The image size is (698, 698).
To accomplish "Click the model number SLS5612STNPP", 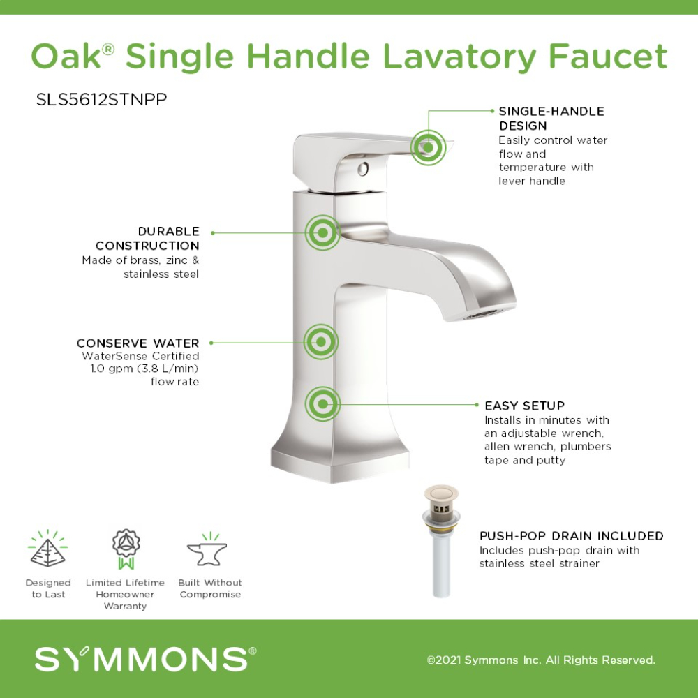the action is (x=101, y=99).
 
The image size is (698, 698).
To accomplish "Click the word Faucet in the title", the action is (x=608, y=57).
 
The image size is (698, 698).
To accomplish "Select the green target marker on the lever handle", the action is (x=429, y=147).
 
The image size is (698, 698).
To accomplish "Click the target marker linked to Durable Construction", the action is (x=323, y=232).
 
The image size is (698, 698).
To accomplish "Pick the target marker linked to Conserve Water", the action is (x=321, y=342).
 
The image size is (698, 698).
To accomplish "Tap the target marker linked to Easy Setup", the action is (x=322, y=403).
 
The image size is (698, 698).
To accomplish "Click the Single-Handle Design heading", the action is (x=551, y=119).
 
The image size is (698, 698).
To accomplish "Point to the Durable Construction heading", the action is (x=147, y=239).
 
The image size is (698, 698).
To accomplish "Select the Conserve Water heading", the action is (x=138, y=343).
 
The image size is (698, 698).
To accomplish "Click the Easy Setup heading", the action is (x=524, y=406).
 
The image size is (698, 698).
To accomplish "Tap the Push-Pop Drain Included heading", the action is (x=572, y=536).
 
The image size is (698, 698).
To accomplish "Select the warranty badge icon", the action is (x=126, y=549).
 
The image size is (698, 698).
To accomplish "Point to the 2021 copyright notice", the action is (x=541, y=660).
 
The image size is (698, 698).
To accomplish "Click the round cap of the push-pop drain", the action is (x=440, y=493).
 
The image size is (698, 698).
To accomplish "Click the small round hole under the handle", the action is (x=363, y=169).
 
